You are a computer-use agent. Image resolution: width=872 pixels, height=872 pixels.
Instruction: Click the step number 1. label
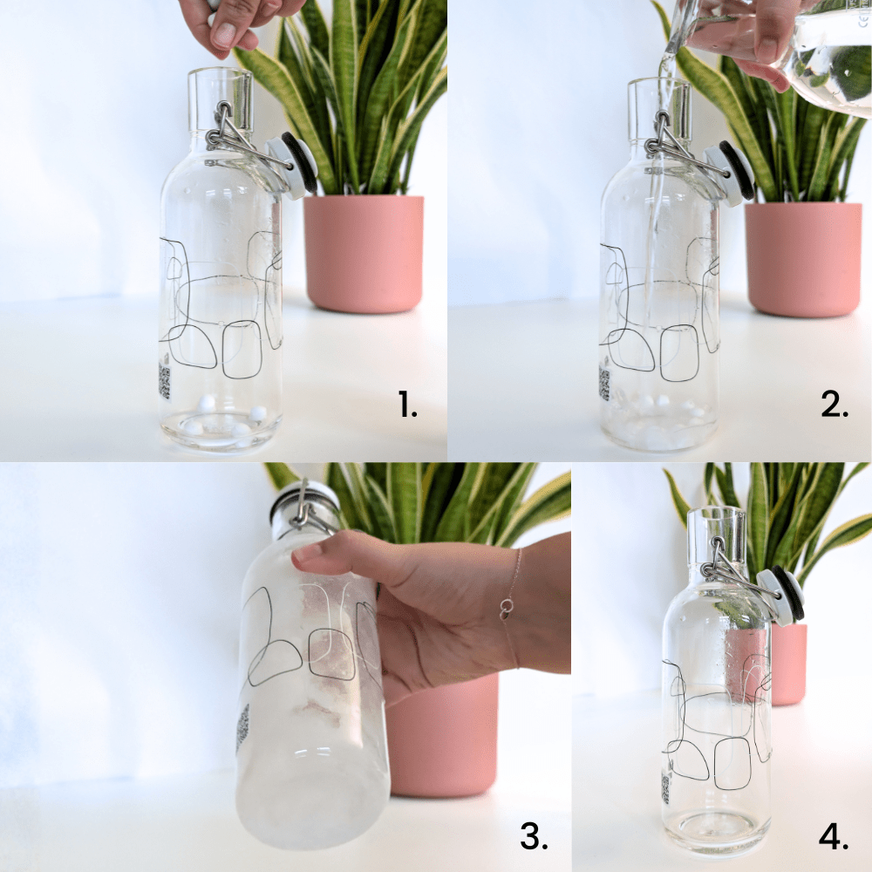coord(407,405)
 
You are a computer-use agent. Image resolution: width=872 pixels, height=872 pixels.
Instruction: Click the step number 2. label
coord(835,405)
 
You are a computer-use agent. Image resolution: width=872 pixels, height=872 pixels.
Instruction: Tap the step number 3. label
coord(534,836)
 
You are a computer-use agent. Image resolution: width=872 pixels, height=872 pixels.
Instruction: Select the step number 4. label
coord(834,836)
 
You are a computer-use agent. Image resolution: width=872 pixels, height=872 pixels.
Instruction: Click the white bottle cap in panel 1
coord(291,165)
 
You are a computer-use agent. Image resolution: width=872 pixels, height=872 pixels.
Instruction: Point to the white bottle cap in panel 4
coord(780,596)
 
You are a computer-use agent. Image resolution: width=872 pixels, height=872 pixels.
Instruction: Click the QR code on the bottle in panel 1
coord(164,381)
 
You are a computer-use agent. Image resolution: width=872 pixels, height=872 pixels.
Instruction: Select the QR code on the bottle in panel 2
coord(604,383)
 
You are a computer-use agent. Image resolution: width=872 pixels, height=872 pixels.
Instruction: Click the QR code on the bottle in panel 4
coord(665,788)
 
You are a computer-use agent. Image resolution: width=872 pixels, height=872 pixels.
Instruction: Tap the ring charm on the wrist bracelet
coord(506,607)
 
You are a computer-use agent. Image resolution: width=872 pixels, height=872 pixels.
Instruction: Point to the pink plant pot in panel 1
coord(364,253)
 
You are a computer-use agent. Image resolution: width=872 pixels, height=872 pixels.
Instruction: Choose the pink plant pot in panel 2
coord(804,259)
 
